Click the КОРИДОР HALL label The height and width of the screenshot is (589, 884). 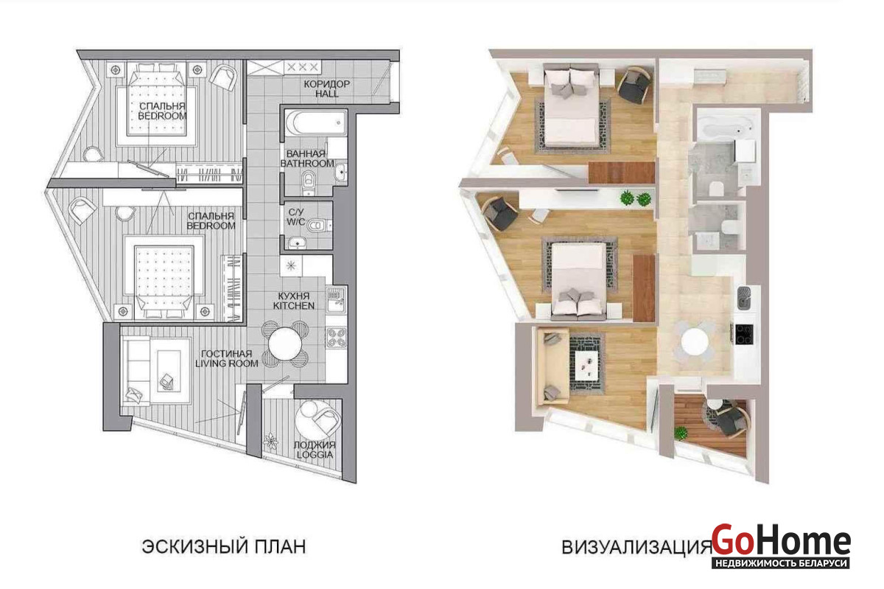[x=326, y=89]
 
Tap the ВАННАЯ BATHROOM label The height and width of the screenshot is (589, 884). [x=307, y=158]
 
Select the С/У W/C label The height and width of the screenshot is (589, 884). [x=295, y=217]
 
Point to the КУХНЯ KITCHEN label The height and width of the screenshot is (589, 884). [x=294, y=301]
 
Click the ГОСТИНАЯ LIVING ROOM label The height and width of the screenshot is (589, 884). [x=227, y=358]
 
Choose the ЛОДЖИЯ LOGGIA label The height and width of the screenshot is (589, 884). [x=315, y=450]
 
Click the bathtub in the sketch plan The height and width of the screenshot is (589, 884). [x=315, y=122]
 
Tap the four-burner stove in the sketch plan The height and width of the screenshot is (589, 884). [x=336, y=338]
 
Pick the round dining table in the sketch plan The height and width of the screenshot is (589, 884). [x=285, y=344]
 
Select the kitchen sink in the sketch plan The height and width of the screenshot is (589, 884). [x=336, y=299]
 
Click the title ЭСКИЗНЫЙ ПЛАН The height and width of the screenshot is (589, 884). [x=224, y=546]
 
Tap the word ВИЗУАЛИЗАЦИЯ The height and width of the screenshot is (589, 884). [x=636, y=547]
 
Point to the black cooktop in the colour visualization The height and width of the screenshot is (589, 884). [x=744, y=334]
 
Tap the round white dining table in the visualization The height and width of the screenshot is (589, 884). [x=695, y=341]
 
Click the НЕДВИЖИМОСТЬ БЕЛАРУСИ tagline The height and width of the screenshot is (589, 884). [x=781, y=562]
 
